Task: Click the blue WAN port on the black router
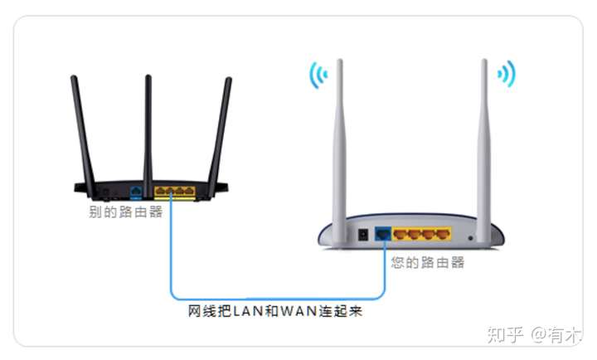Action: pos(136,192)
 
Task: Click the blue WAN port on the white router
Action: pos(382,234)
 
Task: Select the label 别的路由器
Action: pos(125,212)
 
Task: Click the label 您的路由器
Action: pos(428,262)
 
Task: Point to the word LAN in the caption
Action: pos(249,313)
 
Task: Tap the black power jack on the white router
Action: pos(362,235)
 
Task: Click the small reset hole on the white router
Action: pos(471,236)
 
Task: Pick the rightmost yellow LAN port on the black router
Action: pos(189,192)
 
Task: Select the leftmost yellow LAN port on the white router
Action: pos(402,235)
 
